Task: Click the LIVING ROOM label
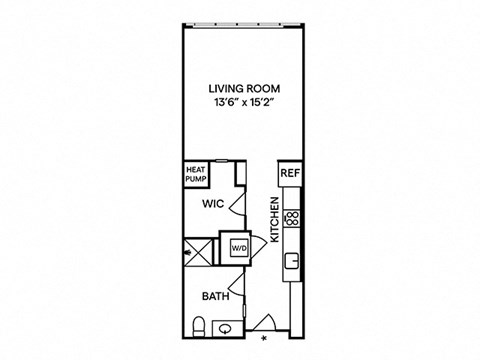244,89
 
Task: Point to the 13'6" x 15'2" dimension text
244,102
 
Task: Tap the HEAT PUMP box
196,174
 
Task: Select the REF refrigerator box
290,173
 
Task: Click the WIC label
213,204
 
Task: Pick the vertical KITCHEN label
274,220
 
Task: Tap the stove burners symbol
292,219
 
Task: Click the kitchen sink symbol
292,261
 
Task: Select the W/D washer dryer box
240,248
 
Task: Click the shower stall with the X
198,252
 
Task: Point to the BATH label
216,296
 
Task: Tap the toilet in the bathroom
199,327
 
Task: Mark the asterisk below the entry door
264,339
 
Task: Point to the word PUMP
196,179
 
